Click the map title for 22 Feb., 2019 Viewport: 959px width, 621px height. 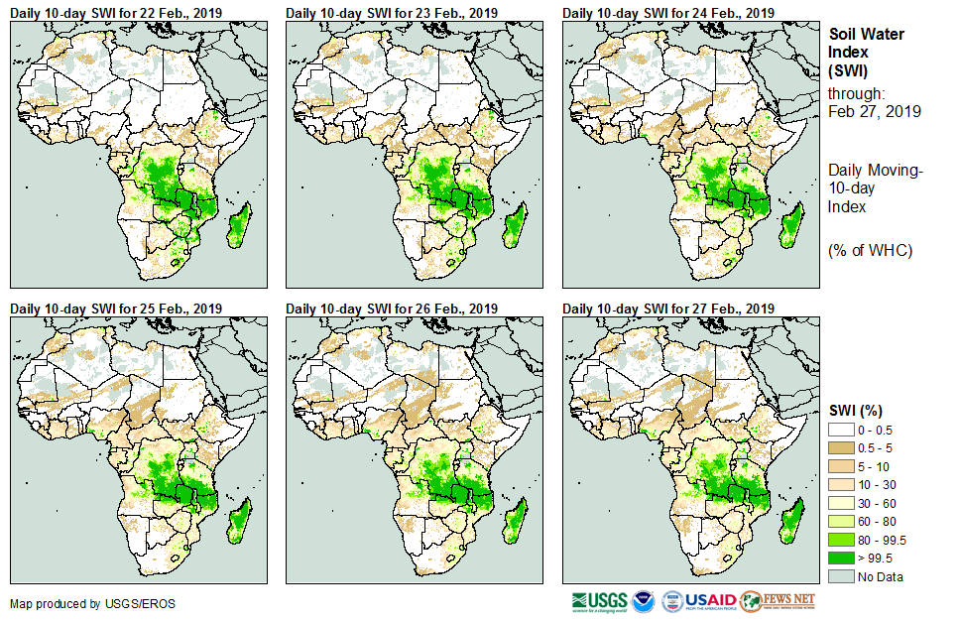pos(115,13)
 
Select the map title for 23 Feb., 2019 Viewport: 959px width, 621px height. pos(392,13)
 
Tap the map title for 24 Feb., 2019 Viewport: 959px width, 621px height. pos(668,13)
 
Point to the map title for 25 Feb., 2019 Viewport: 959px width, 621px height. pos(115,309)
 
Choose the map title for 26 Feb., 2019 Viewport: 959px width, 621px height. pos(392,309)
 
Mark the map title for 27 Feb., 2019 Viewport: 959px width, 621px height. pos(668,309)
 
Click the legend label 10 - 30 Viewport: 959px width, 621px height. pos(877,484)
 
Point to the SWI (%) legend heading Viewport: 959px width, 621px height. pos(856,410)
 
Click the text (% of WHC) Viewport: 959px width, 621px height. pos(870,250)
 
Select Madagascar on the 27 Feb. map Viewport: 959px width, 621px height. pos(790,521)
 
